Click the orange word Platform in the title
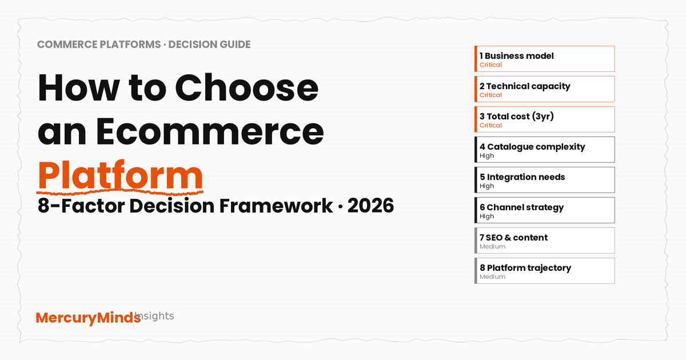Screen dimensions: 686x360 [x=120, y=175]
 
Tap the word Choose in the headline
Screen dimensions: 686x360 [x=246, y=88]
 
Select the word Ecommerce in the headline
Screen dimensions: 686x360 [x=210, y=131]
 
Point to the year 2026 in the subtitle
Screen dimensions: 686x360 [x=370, y=205]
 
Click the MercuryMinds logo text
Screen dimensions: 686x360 [x=88, y=318]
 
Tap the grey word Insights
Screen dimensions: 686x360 [x=154, y=315]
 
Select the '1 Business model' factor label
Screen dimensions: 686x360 [x=517, y=56]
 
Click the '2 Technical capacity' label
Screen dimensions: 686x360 [x=525, y=86]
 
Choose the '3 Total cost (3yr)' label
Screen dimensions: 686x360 [x=517, y=117]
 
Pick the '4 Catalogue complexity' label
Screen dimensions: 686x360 [x=532, y=147]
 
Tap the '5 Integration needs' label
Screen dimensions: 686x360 [x=522, y=177]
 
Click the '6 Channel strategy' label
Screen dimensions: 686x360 [x=521, y=207]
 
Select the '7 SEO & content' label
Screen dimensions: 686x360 [x=513, y=238]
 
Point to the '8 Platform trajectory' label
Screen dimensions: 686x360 [x=525, y=268]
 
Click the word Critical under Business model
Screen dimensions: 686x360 [x=490, y=65]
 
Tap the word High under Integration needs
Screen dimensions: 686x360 [x=486, y=186]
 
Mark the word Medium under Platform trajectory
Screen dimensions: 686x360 [x=492, y=277]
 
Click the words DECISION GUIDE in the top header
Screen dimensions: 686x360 [x=209, y=45]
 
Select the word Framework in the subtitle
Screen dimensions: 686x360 [x=276, y=205]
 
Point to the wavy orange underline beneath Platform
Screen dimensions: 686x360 [x=120, y=193]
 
